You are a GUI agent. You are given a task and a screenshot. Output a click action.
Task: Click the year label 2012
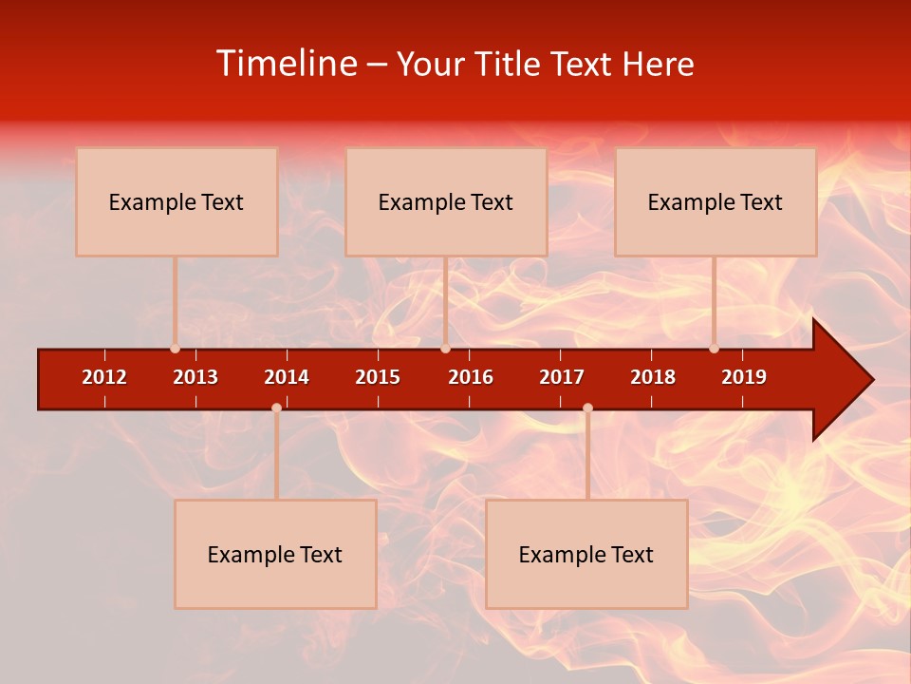(x=104, y=377)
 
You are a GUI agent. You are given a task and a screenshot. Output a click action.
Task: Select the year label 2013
(x=195, y=377)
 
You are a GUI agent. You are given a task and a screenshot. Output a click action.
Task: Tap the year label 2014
(x=287, y=377)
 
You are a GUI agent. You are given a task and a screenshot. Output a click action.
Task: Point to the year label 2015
(x=378, y=377)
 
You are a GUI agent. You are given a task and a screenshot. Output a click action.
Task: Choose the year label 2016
(x=471, y=377)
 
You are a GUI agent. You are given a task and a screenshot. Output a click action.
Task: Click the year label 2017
(x=562, y=377)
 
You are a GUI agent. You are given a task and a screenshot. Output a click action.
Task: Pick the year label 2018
(x=653, y=377)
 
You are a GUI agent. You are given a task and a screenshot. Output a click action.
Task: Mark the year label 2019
(x=744, y=377)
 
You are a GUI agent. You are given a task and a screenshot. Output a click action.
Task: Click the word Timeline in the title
(x=285, y=64)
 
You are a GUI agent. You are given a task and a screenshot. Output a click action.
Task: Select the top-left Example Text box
(x=177, y=201)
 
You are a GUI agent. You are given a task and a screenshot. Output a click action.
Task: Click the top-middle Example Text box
(x=446, y=201)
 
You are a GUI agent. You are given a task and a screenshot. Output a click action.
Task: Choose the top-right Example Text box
(x=716, y=201)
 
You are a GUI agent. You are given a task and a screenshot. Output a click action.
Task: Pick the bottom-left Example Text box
(x=275, y=554)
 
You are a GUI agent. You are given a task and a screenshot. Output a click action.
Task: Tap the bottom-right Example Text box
(x=586, y=554)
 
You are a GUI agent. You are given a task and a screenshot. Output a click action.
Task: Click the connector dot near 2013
(x=175, y=349)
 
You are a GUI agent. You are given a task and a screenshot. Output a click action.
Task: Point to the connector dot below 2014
(x=276, y=408)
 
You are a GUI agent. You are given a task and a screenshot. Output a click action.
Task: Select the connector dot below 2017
(x=587, y=408)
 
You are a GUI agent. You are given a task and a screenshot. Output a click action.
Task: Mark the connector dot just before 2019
(x=714, y=349)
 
